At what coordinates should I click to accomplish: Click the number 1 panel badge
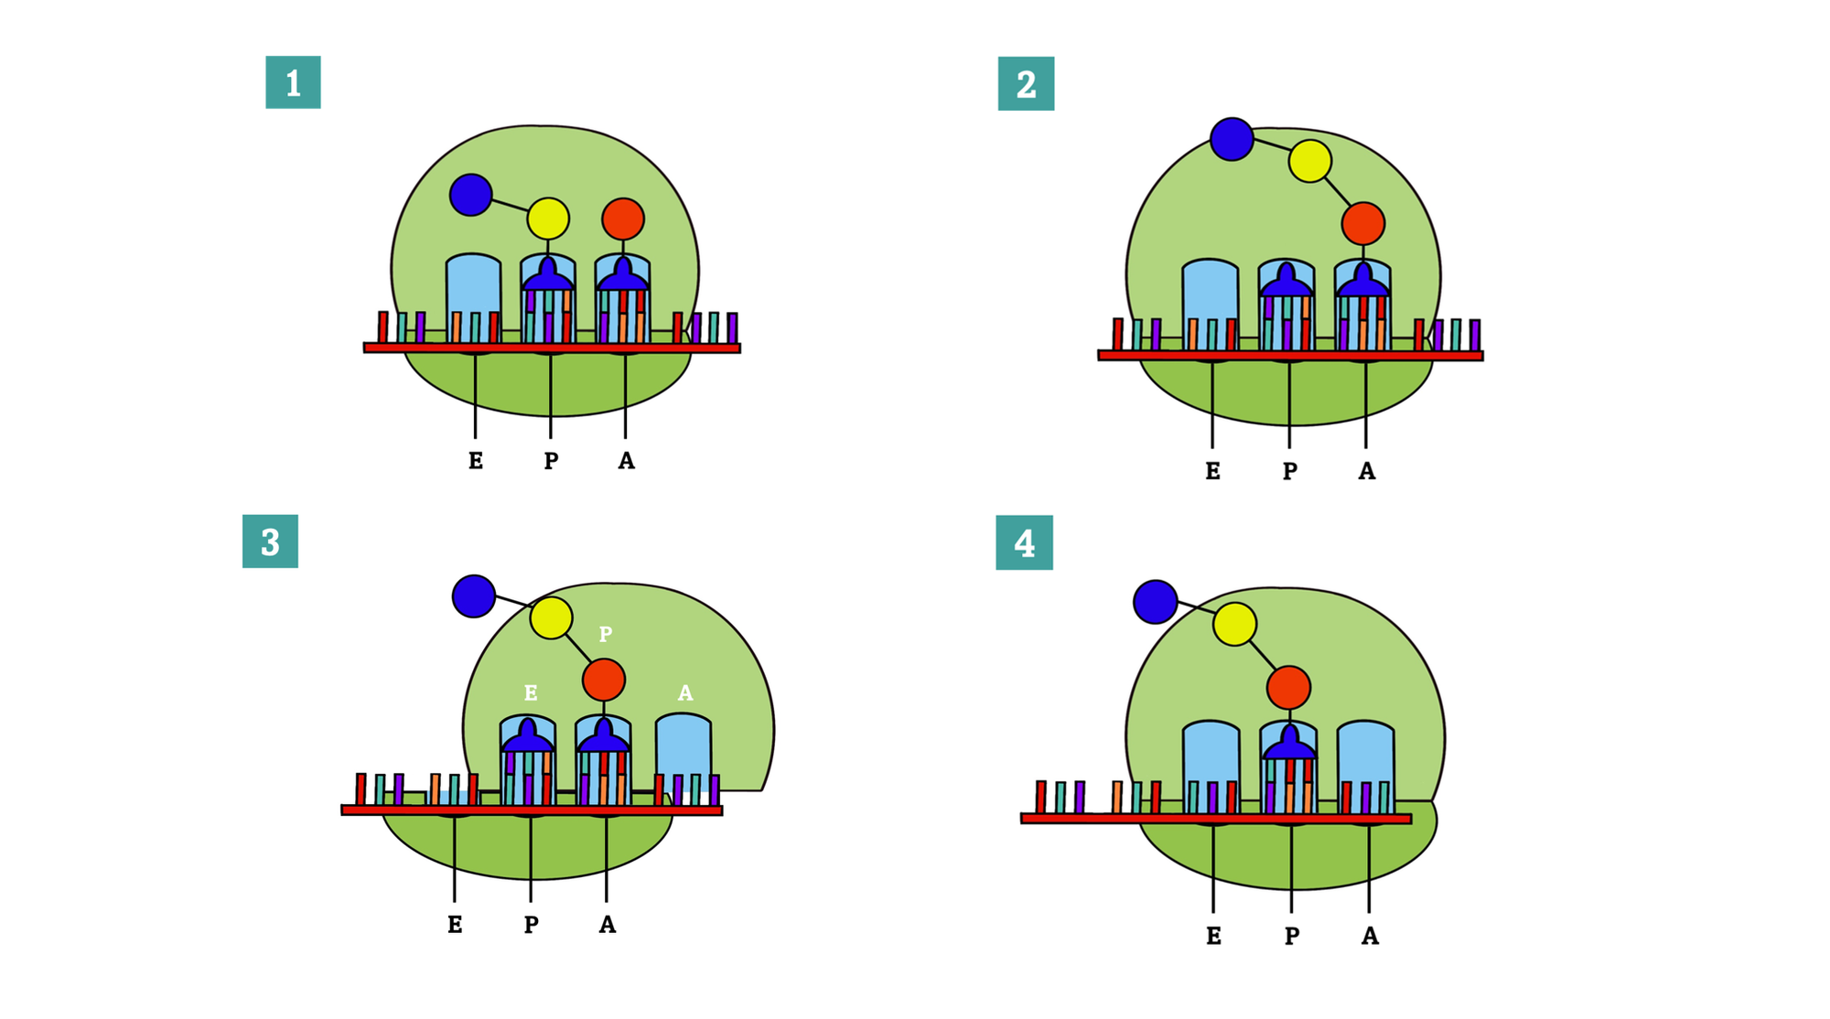click(x=293, y=82)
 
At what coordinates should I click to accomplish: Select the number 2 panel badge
click(x=1026, y=84)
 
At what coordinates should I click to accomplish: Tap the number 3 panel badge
click(x=270, y=542)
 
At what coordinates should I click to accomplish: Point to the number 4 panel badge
click(x=1024, y=543)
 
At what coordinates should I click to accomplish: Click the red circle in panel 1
click(x=623, y=219)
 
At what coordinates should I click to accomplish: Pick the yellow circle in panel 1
click(x=548, y=219)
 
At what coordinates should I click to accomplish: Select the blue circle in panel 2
click(x=1232, y=139)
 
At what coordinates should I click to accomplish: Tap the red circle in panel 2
click(x=1363, y=223)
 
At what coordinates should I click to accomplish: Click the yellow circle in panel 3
click(x=551, y=618)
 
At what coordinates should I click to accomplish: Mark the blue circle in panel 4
click(x=1156, y=602)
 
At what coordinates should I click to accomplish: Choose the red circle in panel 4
click(x=1288, y=688)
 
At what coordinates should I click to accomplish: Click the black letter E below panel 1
click(x=476, y=461)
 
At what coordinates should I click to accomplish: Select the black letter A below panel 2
click(x=1366, y=471)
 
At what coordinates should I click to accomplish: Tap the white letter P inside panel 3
click(x=605, y=634)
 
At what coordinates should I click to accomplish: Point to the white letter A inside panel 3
click(x=685, y=693)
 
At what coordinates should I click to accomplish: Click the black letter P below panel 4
click(x=1291, y=936)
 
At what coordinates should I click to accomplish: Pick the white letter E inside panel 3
click(x=531, y=692)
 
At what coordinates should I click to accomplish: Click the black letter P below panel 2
click(x=1289, y=471)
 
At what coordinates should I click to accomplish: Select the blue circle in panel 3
click(x=474, y=596)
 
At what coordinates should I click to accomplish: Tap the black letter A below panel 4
click(x=1369, y=936)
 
